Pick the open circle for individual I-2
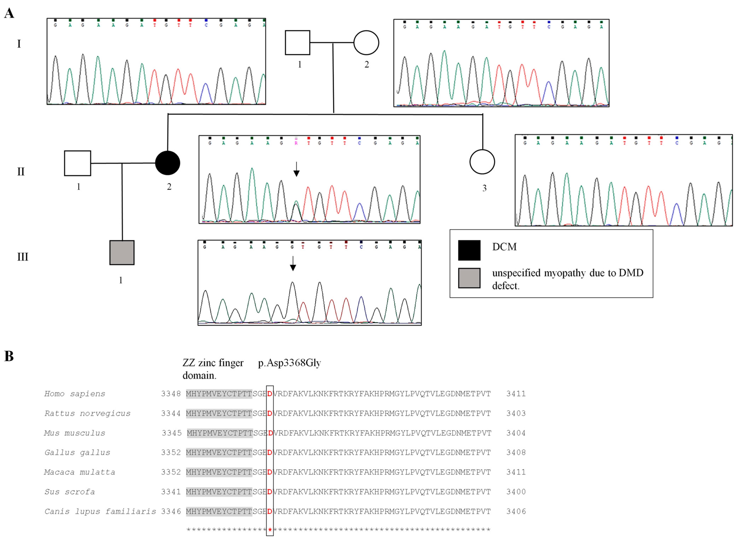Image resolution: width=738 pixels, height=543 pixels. click(x=366, y=43)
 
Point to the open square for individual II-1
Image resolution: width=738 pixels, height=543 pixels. click(x=78, y=163)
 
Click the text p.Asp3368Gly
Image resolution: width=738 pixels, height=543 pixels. click(x=289, y=363)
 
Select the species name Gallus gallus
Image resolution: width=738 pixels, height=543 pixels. click(x=77, y=453)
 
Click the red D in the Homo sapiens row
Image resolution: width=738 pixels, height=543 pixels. click(x=270, y=394)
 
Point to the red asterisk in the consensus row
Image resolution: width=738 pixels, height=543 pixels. click(x=270, y=530)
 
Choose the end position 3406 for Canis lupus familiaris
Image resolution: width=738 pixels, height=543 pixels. click(x=516, y=511)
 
